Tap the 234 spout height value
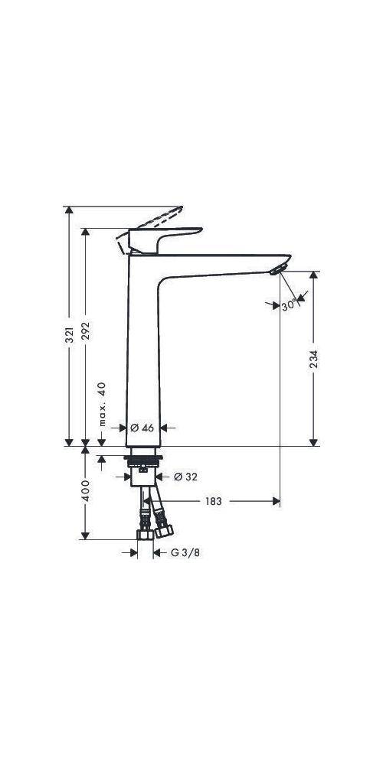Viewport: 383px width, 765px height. coord(313,359)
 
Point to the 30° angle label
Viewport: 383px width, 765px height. coord(288,305)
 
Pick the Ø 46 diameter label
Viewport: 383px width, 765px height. coord(142,428)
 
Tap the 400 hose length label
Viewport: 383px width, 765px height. coord(86,490)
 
